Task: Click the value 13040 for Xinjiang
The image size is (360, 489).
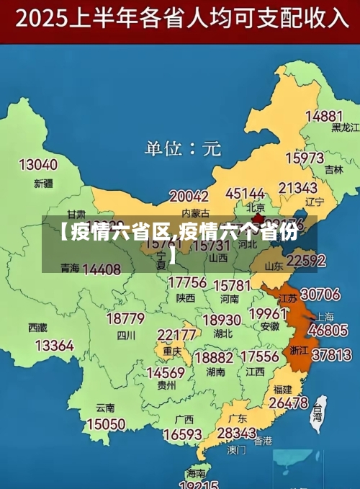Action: [x=38, y=165]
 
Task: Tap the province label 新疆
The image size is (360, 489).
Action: [x=43, y=183]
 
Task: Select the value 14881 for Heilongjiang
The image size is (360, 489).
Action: [x=323, y=116]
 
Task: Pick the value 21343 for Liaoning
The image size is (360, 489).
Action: [x=298, y=189]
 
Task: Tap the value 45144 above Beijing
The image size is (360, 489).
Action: [x=245, y=194]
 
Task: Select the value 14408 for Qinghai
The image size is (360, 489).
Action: [x=102, y=269]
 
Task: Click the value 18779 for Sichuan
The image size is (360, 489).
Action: [x=125, y=318]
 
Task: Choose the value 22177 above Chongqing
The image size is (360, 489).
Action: [x=176, y=335]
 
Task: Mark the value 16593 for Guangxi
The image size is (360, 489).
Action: [x=182, y=434]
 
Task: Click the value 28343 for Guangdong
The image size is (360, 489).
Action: [x=236, y=433]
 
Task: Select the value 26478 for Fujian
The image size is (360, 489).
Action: [x=288, y=403]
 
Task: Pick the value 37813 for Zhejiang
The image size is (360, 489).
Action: [x=331, y=354]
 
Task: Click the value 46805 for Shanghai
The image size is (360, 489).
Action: [x=328, y=330]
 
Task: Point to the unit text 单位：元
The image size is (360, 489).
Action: [x=183, y=149]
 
